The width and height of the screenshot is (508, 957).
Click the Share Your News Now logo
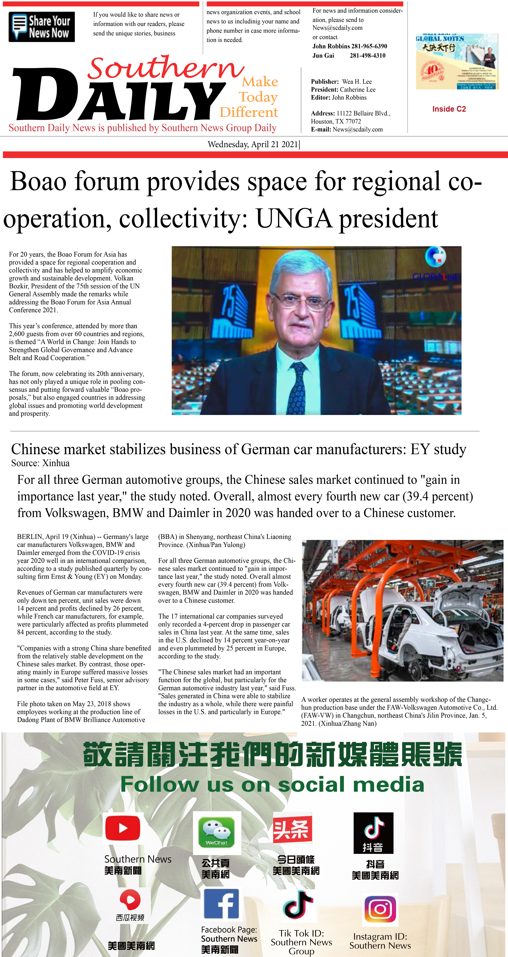click(42, 27)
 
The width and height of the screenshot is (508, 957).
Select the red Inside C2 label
click(449, 109)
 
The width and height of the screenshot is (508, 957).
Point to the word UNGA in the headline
click(294, 218)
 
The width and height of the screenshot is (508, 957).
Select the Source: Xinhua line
click(40, 463)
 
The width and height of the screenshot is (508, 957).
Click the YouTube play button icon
click(123, 828)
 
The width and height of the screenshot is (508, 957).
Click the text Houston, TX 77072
click(336, 122)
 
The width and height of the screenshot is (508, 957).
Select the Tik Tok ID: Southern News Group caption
click(301, 942)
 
